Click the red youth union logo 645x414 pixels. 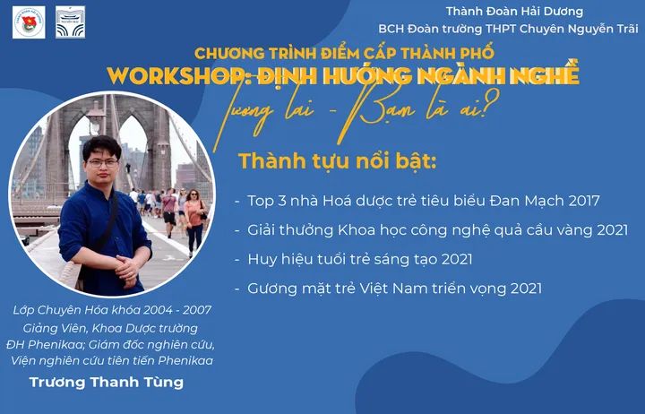tap(29, 22)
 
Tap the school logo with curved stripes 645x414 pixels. tap(71, 22)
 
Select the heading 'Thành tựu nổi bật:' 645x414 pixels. tap(337, 161)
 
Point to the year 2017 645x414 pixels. tap(584, 201)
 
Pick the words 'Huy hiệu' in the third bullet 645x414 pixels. tap(274, 259)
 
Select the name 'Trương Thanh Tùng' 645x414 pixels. tap(107, 383)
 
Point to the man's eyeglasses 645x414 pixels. tap(102, 163)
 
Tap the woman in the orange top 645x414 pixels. tap(194, 222)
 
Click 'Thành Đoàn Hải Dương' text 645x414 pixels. tap(514, 11)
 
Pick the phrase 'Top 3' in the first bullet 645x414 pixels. tap(267, 202)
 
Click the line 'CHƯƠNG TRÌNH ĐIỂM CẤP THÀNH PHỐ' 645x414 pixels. tap(344, 53)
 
